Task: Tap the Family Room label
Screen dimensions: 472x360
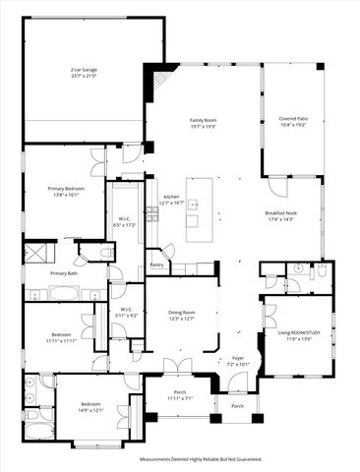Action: click(x=203, y=124)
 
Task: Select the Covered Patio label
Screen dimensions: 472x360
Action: click(x=293, y=124)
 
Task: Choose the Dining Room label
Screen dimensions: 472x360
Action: click(x=182, y=315)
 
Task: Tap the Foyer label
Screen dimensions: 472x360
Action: click(x=237, y=361)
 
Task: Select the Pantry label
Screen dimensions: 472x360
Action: click(x=156, y=265)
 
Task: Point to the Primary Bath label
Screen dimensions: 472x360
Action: click(x=65, y=273)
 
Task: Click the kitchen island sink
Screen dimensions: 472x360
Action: click(x=194, y=206)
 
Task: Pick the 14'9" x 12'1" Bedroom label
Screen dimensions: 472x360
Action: click(x=90, y=407)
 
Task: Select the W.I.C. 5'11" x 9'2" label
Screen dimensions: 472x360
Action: click(x=127, y=312)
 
